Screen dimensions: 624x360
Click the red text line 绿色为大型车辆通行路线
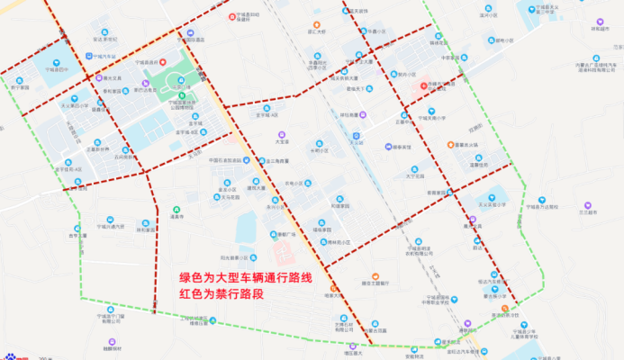point(245,278)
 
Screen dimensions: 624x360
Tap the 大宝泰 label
point(283,142)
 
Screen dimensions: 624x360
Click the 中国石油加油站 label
point(222,161)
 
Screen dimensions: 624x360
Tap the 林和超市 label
point(601,27)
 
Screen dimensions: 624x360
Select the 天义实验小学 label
point(491,203)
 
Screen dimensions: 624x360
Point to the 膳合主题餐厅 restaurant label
point(372,283)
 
